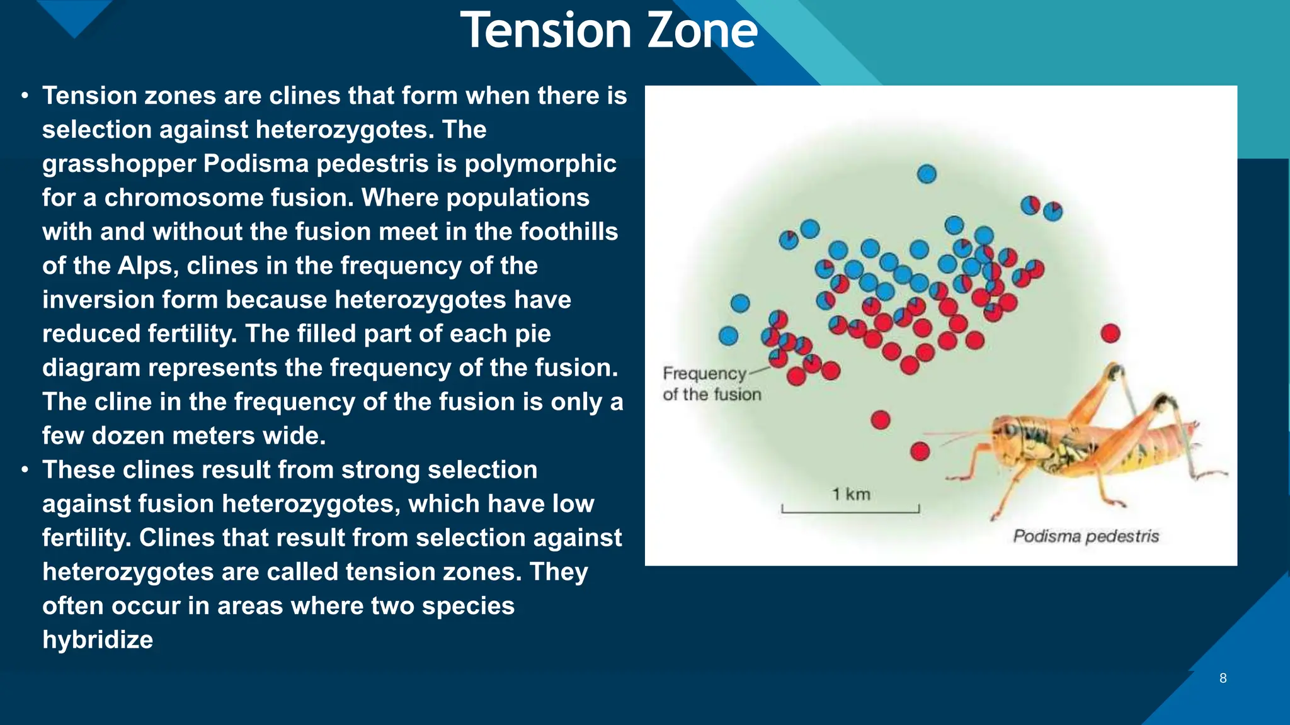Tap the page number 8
(1223, 678)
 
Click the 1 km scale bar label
(851, 494)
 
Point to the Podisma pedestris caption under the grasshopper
(1085, 536)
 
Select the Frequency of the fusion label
(711, 383)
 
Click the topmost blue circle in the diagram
(927, 174)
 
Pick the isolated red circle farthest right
(1110, 333)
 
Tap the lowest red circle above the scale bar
(920, 451)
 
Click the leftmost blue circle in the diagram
(728, 335)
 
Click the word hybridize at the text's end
(98, 639)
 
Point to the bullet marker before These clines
(25, 470)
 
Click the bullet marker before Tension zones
(25, 96)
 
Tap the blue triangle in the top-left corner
(74, 15)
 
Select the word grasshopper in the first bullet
(118, 164)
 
